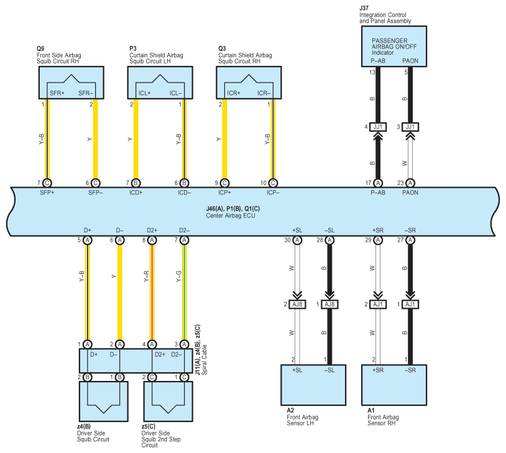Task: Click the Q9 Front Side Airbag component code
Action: (x=40, y=48)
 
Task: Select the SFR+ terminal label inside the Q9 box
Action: (x=57, y=93)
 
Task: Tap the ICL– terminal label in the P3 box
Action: (x=176, y=93)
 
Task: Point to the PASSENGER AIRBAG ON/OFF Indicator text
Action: (x=394, y=47)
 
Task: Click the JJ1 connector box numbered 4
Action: (x=378, y=127)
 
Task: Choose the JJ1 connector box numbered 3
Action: (x=410, y=127)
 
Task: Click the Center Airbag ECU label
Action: (x=231, y=216)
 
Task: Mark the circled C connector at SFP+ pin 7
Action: (x=47, y=183)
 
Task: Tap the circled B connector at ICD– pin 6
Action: (x=184, y=183)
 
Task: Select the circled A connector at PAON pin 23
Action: (x=410, y=183)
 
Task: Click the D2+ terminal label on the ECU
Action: (x=152, y=231)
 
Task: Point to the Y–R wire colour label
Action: (x=146, y=276)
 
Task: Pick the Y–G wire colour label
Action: (x=178, y=276)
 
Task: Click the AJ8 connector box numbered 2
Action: (x=297, y=304)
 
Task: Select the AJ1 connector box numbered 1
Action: (x=410, y=304)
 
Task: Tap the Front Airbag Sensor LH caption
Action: (x=302, y=420)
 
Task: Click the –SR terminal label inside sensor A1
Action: (x=410, y=370)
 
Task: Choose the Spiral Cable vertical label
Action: (x=205, y=360)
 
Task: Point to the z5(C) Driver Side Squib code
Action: (x=149, y=426)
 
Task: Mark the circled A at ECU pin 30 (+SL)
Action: (x=297, y=240)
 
